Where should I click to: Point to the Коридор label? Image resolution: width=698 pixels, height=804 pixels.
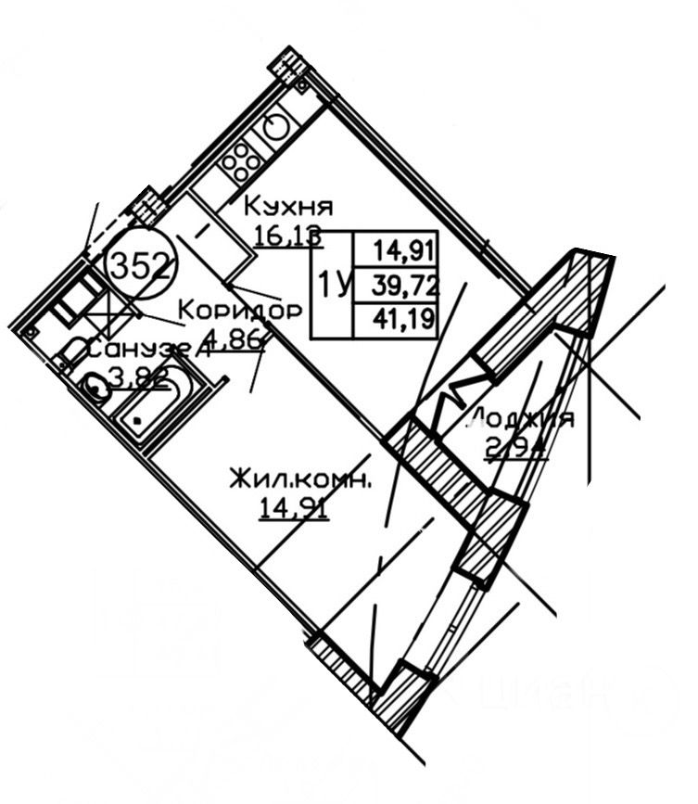click(x=239, y=310)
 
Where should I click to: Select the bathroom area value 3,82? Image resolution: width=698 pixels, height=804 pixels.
click(x=138, y=377)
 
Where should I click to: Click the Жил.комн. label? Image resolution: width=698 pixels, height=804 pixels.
click(x=301, y=480)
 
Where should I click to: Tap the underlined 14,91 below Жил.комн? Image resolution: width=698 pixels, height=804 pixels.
click(x=296, y=509)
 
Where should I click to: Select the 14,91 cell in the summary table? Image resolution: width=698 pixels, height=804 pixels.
click(x=406, y=249)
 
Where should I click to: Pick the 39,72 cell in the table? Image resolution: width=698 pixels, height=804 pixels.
click(x=406, y=284)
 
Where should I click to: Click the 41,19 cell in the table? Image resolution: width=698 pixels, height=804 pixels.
click(x=406, y=320)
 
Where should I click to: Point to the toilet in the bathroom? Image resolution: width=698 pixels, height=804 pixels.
click(x=72, y=353)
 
